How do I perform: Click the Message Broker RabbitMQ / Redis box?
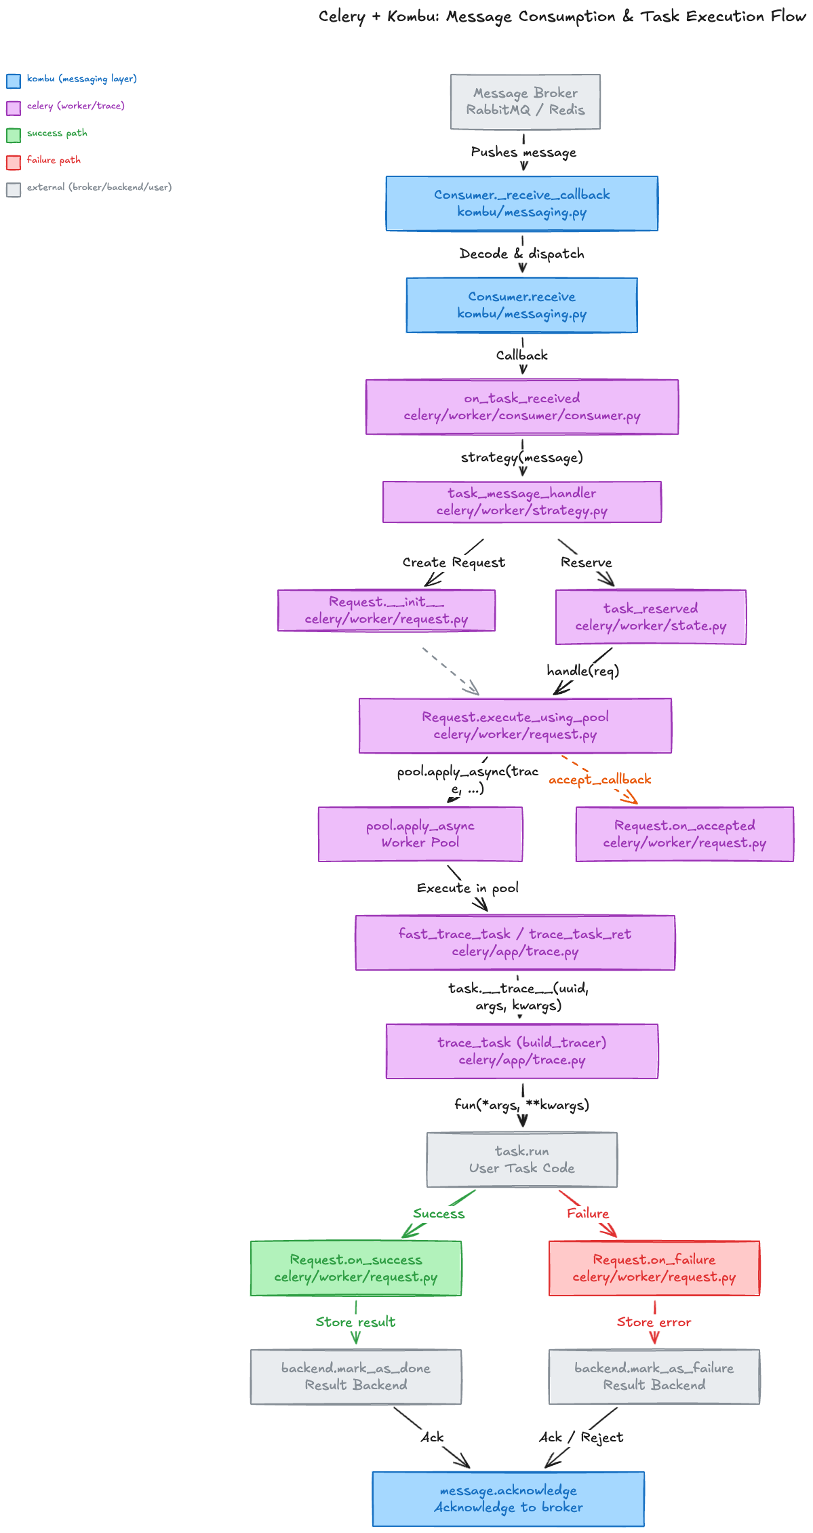point(525,102)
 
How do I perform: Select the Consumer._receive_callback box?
point(521,203)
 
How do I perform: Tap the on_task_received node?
point(521,407)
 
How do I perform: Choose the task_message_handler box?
point(521,502)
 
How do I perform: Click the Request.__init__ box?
point(386,610)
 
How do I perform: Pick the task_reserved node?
point(650,617)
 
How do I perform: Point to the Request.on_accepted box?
point(684,834)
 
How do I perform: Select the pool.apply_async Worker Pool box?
point(420,834)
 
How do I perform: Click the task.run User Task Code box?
point(521,1160)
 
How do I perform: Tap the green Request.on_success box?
point(355,1268)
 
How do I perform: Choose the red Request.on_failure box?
point(654,1268)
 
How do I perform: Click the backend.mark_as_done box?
point(355,1377)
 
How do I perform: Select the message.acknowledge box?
point(508,1499)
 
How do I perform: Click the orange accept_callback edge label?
point(599,779)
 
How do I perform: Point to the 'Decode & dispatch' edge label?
point(521,254)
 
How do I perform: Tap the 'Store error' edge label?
point(654,1322)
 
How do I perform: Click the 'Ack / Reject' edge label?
point(581,1437)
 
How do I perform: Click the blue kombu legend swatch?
point(14,81)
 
